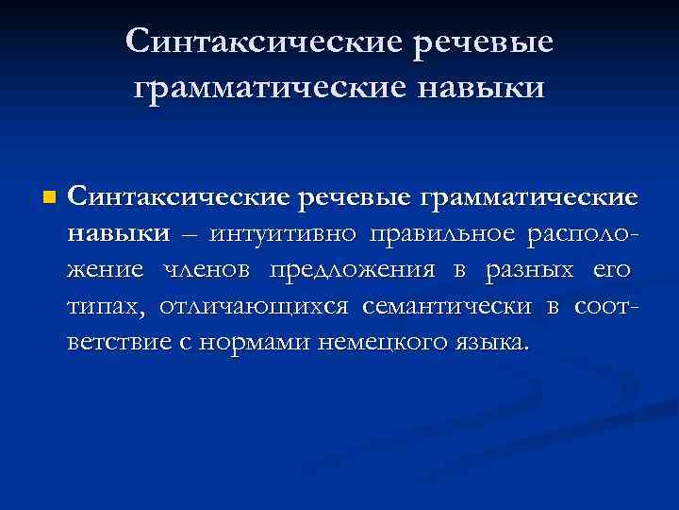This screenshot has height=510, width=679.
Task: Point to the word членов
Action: pos(208,270)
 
